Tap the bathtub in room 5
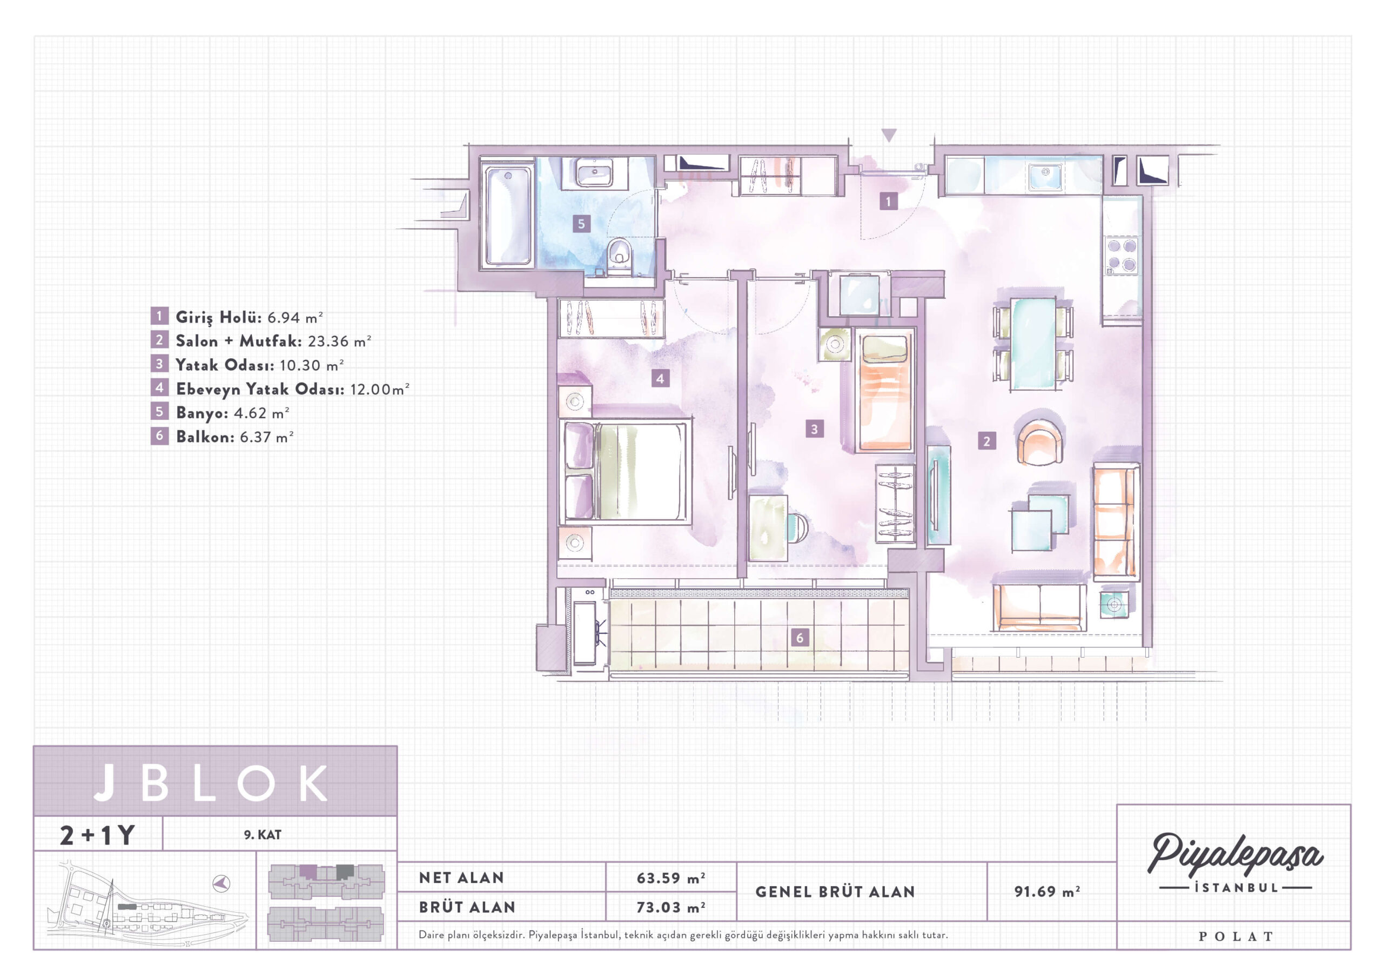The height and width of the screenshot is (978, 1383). pos(508,216)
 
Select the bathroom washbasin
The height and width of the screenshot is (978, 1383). pos(594,173)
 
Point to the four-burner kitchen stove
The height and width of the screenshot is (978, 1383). pos(1122,256)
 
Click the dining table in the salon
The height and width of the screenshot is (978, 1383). pos(1033,344)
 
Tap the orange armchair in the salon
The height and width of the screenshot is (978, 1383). pos(1039,441)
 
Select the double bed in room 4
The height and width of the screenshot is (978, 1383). pos(625,471)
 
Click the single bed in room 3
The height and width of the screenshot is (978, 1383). pos(883,391)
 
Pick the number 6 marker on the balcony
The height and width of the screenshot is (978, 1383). pos(800,638)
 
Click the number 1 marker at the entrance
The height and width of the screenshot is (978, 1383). pos(888,200)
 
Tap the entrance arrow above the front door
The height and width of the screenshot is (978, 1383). pos(889,135)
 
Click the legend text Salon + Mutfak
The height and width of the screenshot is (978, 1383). pos(239,341)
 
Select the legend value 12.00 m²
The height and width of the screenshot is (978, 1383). pos(379,389)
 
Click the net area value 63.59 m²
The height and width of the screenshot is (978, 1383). pos(670,878)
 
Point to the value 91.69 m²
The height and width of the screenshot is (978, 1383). pos(1047,891)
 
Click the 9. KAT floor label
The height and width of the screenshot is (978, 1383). pos(263,835)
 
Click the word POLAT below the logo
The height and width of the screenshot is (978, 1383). pos(1236,936)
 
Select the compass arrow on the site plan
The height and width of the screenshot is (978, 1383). pos(221,884)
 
